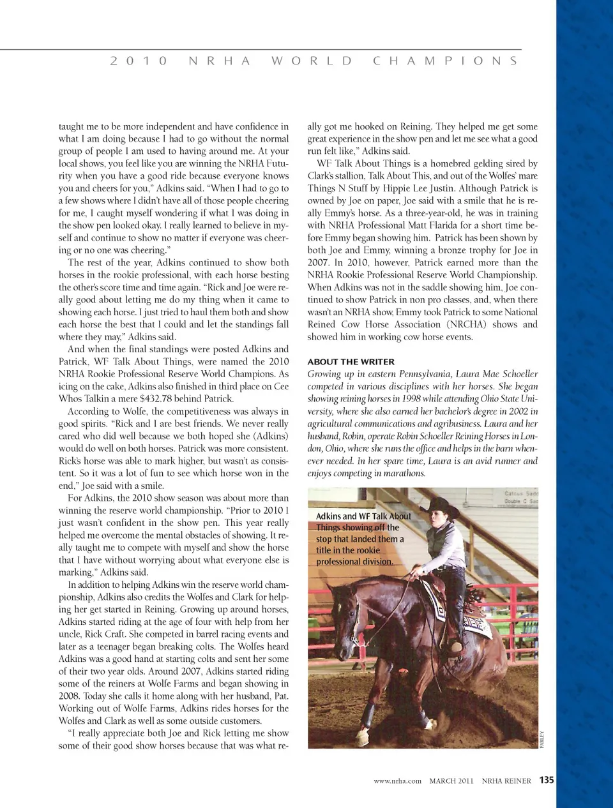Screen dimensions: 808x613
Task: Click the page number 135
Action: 547,780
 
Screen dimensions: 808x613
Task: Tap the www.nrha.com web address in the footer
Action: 397,781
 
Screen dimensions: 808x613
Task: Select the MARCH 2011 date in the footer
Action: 451,781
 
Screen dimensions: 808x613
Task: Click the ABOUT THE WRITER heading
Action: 351,361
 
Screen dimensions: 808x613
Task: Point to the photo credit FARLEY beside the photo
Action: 542,739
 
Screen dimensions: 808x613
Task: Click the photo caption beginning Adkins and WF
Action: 363,539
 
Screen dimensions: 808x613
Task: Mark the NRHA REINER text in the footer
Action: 506,781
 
